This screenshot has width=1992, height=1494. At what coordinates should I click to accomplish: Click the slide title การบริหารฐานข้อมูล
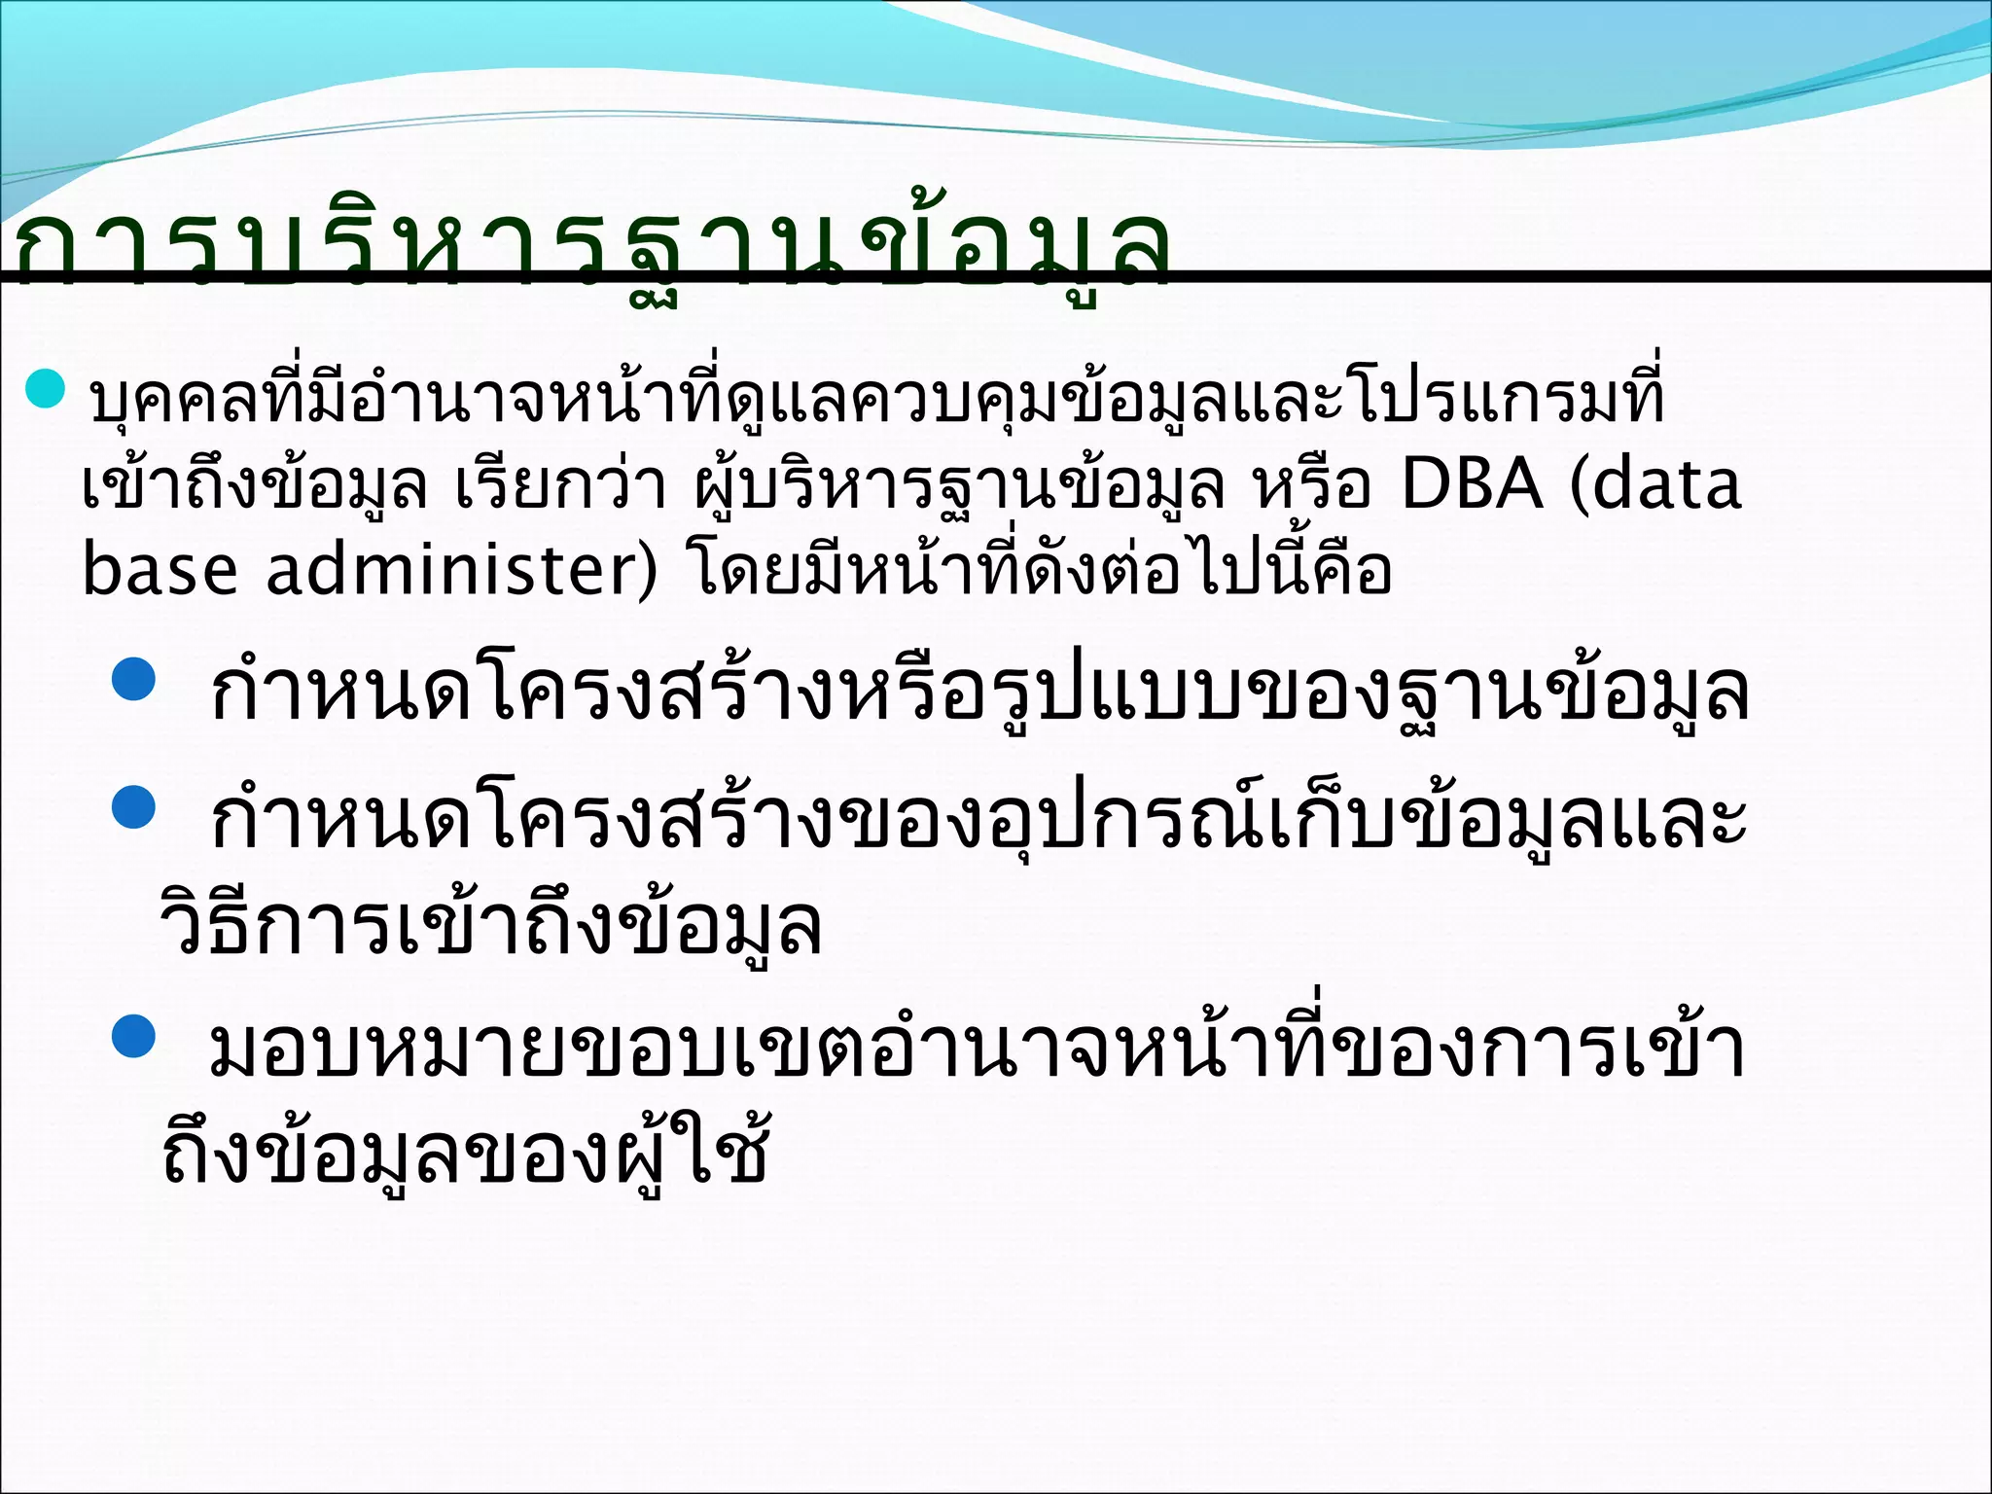tap(593, 251)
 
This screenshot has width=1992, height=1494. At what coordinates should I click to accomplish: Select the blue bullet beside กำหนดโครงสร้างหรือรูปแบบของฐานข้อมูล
tap(134, 680)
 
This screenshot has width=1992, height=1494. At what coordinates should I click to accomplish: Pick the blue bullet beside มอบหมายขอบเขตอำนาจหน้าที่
tap(134, 1036)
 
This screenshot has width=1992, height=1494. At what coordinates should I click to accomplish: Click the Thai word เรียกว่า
tap(561, 485)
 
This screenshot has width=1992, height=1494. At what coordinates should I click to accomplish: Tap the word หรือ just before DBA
tap(1313, 485)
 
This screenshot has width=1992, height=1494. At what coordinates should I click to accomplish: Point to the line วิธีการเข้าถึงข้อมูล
tap(491, 924)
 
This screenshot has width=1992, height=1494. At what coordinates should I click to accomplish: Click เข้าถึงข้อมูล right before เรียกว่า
tap(255, 485)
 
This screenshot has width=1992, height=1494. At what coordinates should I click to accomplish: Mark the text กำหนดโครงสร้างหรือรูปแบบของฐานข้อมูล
tap(978, 693)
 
